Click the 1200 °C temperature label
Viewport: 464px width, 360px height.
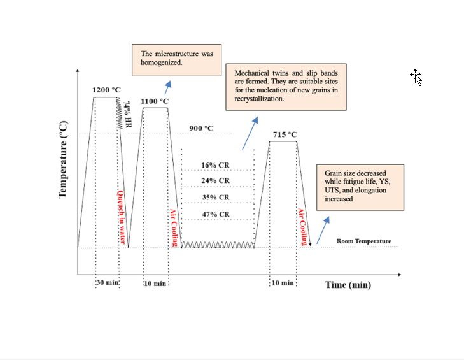(106, 90)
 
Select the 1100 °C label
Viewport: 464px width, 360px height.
(155, 101)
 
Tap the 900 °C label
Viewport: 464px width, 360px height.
(201, 129)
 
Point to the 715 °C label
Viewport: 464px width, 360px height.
(285, 134)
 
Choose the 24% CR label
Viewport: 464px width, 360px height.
(215, 181)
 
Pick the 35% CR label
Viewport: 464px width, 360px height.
(215, 198)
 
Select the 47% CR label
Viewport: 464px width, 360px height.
(216, 214)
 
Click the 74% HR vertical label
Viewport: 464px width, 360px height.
(127, 115)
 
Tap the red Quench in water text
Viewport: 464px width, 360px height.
(120, 217)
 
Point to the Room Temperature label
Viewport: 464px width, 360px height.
(363, 241)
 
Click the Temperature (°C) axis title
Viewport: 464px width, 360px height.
(63, 159)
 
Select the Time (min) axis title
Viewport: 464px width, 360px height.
(348, 284)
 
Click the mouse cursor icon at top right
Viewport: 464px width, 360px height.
(416, 77)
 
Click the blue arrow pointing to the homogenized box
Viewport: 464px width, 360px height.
(168, 87)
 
